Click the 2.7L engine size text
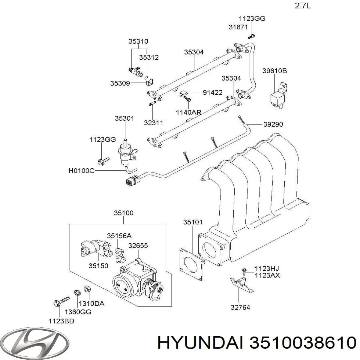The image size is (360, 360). pyautogui.click(x=302, y=6)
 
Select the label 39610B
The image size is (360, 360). pyautogui.click(x=274, y=71)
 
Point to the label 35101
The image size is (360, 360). pyautogui.click(x=193, y=222)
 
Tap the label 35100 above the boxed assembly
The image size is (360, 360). pyautogui.click(x=124, y=213)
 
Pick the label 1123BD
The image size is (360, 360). pyautogui.click(x=61, y=321)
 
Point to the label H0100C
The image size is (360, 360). pyautogui.click(x=81, y=171)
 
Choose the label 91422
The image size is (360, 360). pyautogui.click(x=212, y=92)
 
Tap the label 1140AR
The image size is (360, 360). pyautogui.click(x=188, y=112)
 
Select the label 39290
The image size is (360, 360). pyautogui.click(x=273, y=124)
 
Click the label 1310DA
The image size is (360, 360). pyautogui.click(x=94, y=304)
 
